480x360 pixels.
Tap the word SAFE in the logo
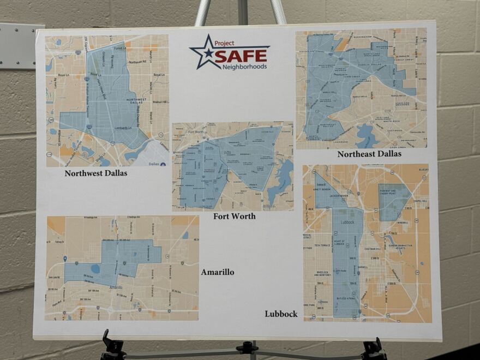(x=241, y=56)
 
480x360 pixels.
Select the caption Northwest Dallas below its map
(x=96, y=173)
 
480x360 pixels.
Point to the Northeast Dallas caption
(x=369, y=154)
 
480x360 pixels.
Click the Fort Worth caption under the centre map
(x=235, y=217)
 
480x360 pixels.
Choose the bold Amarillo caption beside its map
(x=218, y=272)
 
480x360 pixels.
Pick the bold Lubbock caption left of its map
(x=281, y=314)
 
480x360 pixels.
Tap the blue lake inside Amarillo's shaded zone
(x=95, y=268)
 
